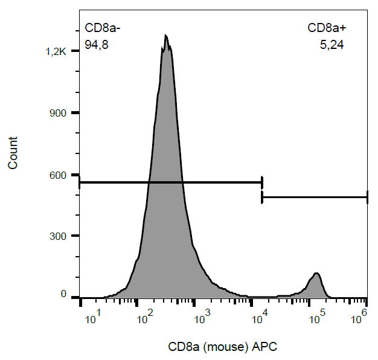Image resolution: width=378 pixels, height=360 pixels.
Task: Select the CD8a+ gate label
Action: point(326,28)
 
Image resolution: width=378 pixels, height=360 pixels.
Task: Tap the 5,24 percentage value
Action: point(332,44)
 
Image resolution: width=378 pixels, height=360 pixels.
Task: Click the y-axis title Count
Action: point(13,153)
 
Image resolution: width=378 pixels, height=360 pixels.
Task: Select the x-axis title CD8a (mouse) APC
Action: point(222,347)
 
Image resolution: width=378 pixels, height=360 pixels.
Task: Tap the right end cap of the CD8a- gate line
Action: point(262,182)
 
